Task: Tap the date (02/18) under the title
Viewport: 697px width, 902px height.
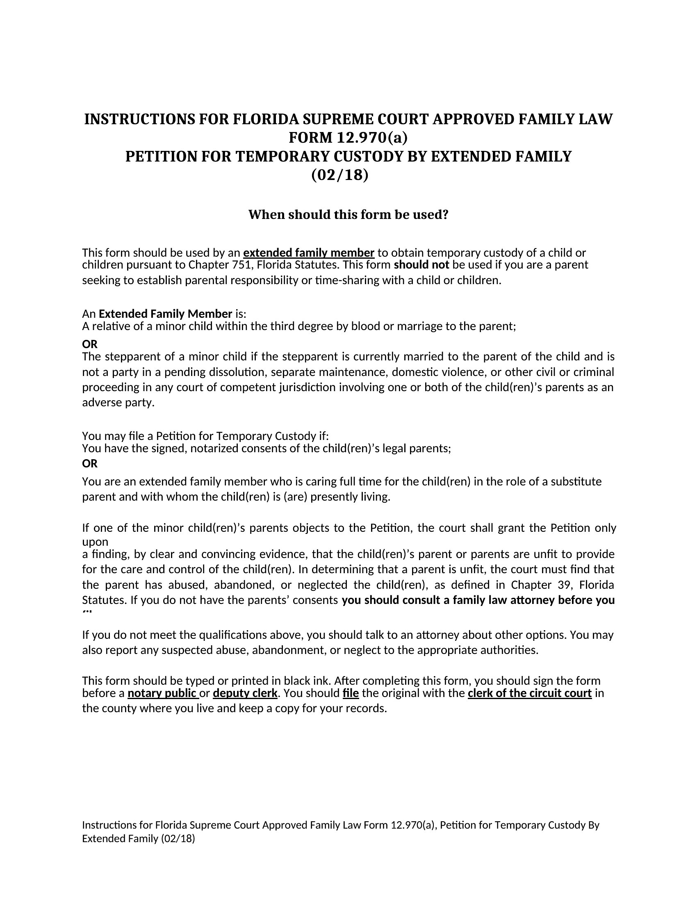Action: point(339,175)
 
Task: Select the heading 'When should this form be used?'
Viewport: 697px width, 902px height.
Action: point(348,215)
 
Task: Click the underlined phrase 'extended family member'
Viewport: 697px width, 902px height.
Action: point(308,252)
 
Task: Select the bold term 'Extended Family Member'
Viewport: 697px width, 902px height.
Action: point(165,314)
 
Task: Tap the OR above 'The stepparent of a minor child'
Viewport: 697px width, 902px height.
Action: point(90,344)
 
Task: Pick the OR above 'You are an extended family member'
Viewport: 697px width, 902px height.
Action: point(90,464)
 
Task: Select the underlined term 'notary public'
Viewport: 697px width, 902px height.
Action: point(163,693)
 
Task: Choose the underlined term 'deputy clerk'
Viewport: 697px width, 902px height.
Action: point(245,693)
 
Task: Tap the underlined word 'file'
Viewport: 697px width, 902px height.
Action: point(351,693)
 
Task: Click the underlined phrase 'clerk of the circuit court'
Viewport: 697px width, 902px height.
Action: point(529,693)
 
